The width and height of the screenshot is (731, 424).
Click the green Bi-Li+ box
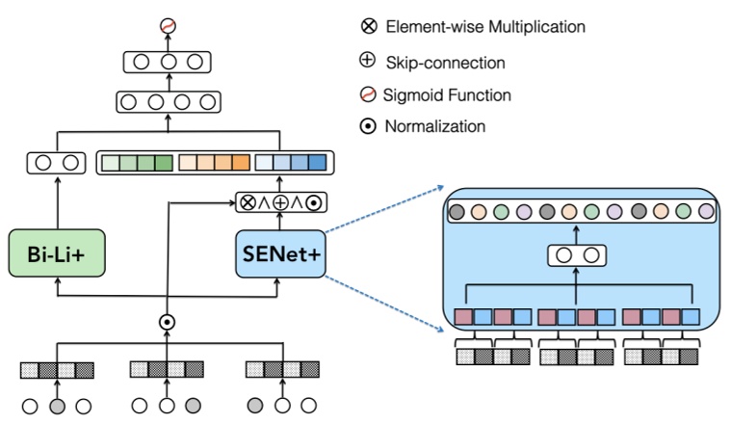(x=58, y=254)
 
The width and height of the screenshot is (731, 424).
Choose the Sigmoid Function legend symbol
(x=368, y=94)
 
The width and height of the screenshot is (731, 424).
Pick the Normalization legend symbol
(x=368, y=126)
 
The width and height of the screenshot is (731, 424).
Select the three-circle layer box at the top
(x=168, y=63)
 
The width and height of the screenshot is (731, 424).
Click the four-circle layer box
(x=168, y=100)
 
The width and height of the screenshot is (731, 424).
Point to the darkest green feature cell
(x=163, y=163)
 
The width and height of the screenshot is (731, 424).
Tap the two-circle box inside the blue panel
(x=577, y=256)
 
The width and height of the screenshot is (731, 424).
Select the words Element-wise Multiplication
(x=485, y=27)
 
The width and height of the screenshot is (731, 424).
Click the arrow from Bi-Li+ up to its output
(x=57, y=202)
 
